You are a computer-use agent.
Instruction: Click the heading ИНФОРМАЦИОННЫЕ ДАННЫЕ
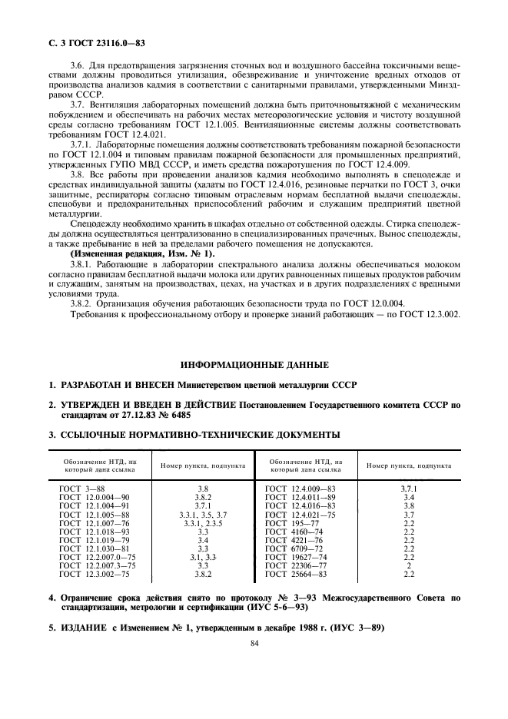click(x=254, y=364)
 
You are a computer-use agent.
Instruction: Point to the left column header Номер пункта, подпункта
click(x=204, y=466)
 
